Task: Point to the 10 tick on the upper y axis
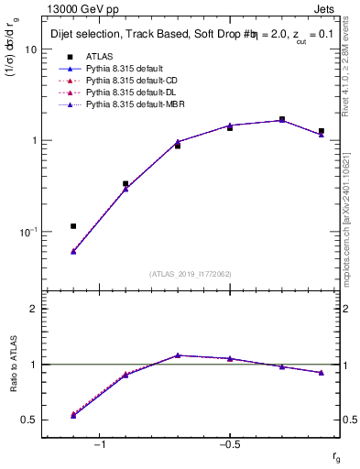click(x=30, y=49)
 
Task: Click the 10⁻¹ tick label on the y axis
click(x=27, y=232)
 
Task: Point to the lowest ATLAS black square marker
click(x=73, y=225)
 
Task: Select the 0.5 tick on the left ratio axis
click(x=30, y=420)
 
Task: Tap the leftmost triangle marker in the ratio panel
click(x=73, y=415)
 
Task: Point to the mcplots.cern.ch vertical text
click(x=353, y=211)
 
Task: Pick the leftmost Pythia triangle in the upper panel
click(x=73, y=251)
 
